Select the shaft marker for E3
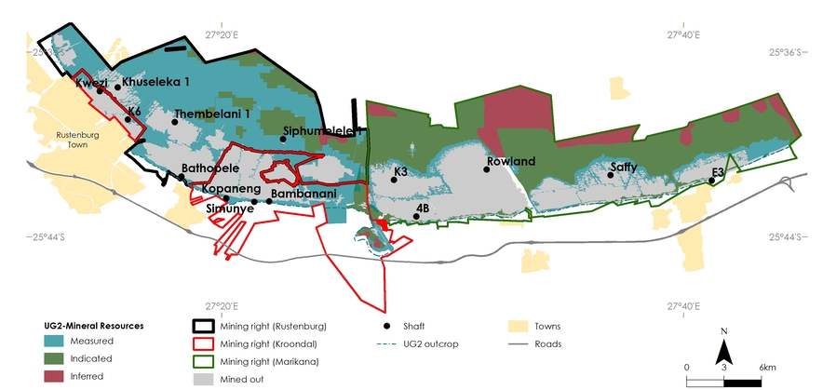click(x=711, y=182)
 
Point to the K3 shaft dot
click(x=395, y=181)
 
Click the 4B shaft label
click(x=422, y=208)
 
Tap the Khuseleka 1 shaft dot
click(x=117, y=87)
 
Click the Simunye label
click(x=230, y=209)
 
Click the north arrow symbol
click(x=722, y=352)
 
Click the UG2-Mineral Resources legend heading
click(x=94, y=326)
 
